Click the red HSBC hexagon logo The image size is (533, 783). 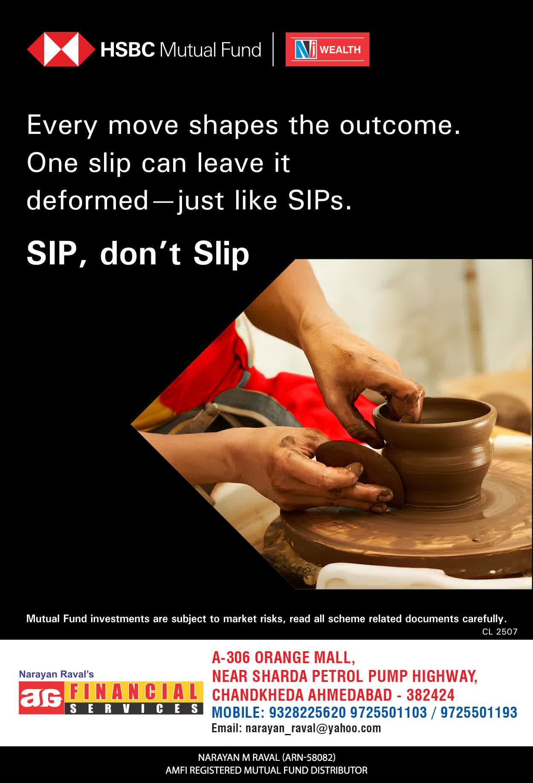(61, 49)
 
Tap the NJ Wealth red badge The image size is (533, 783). (327, 49)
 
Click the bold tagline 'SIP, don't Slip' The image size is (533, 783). (138, 254)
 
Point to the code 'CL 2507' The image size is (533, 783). (500, 632)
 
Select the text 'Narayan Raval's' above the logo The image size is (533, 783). (56, 674)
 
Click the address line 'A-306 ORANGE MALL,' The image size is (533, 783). (284, 658)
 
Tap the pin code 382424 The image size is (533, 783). (430, 695)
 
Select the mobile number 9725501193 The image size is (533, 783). (479, 712)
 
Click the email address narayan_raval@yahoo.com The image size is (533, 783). (313, 728)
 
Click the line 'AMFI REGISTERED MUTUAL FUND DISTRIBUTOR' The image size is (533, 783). (266, 770)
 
